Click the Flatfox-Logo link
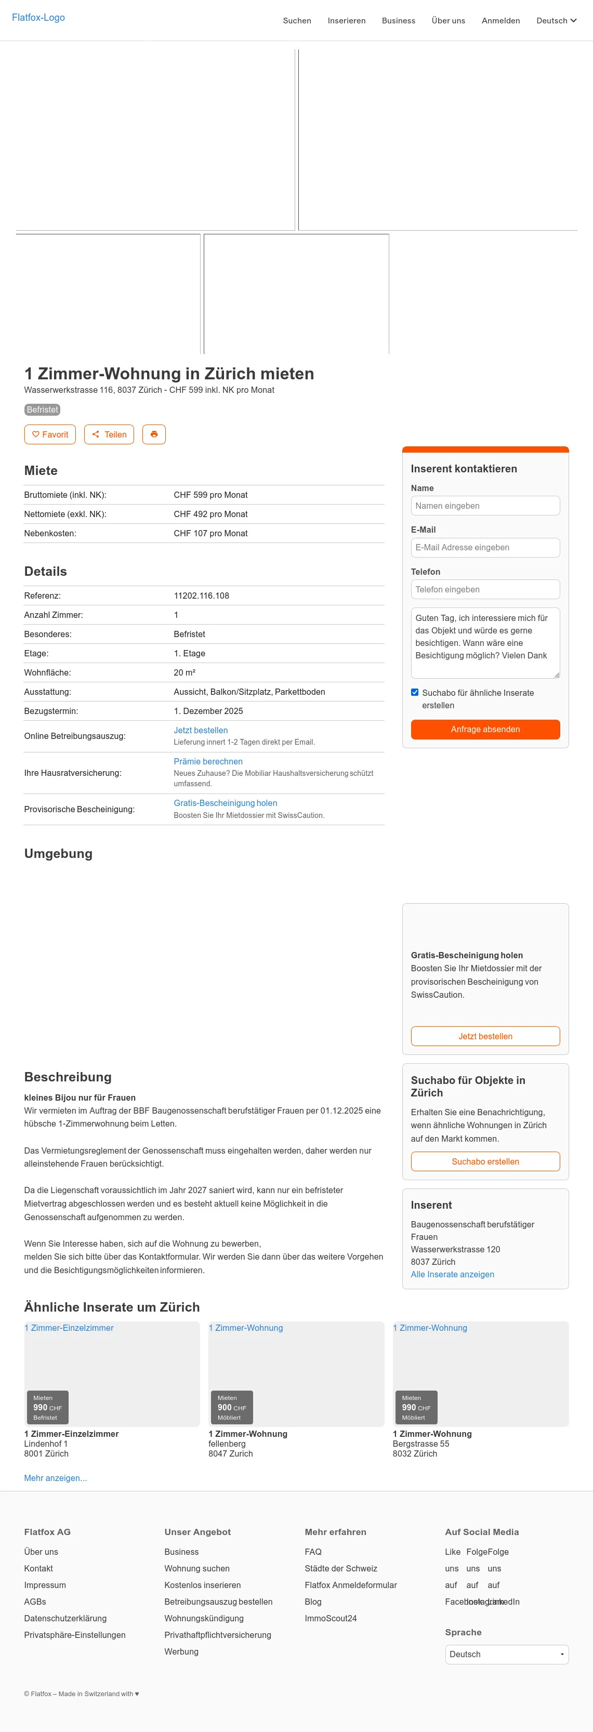click(x=38, y=18)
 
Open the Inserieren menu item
click(x=346, y=21)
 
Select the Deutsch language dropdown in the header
click(x=556, y=21)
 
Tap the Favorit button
click(x=50, y=434)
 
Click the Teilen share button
click(x=109, y=434)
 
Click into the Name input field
click(x=485, y=506)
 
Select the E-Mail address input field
click(x=485, y=547)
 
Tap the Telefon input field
click(x=485, y=589)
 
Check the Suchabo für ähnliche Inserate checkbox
click(x=415, y=693)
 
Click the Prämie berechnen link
click(x=208, y=761)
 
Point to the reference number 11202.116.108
click(x=201, y=596)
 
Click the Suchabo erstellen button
click(x=485, y=1161)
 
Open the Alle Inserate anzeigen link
click(x=452, y=1274)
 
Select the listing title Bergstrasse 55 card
click(x=432, y=1434)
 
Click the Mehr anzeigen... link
click(x=55, y=1478)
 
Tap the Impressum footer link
click(x=45, y=1585)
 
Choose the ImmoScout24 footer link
click(x=330, y=1618)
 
